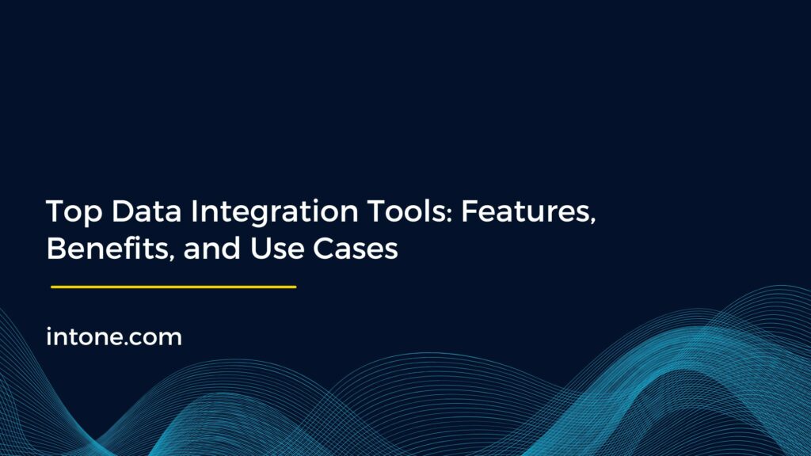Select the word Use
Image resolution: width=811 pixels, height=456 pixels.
274,249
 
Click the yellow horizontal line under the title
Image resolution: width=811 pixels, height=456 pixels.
173,287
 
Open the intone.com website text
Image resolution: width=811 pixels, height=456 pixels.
114,337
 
